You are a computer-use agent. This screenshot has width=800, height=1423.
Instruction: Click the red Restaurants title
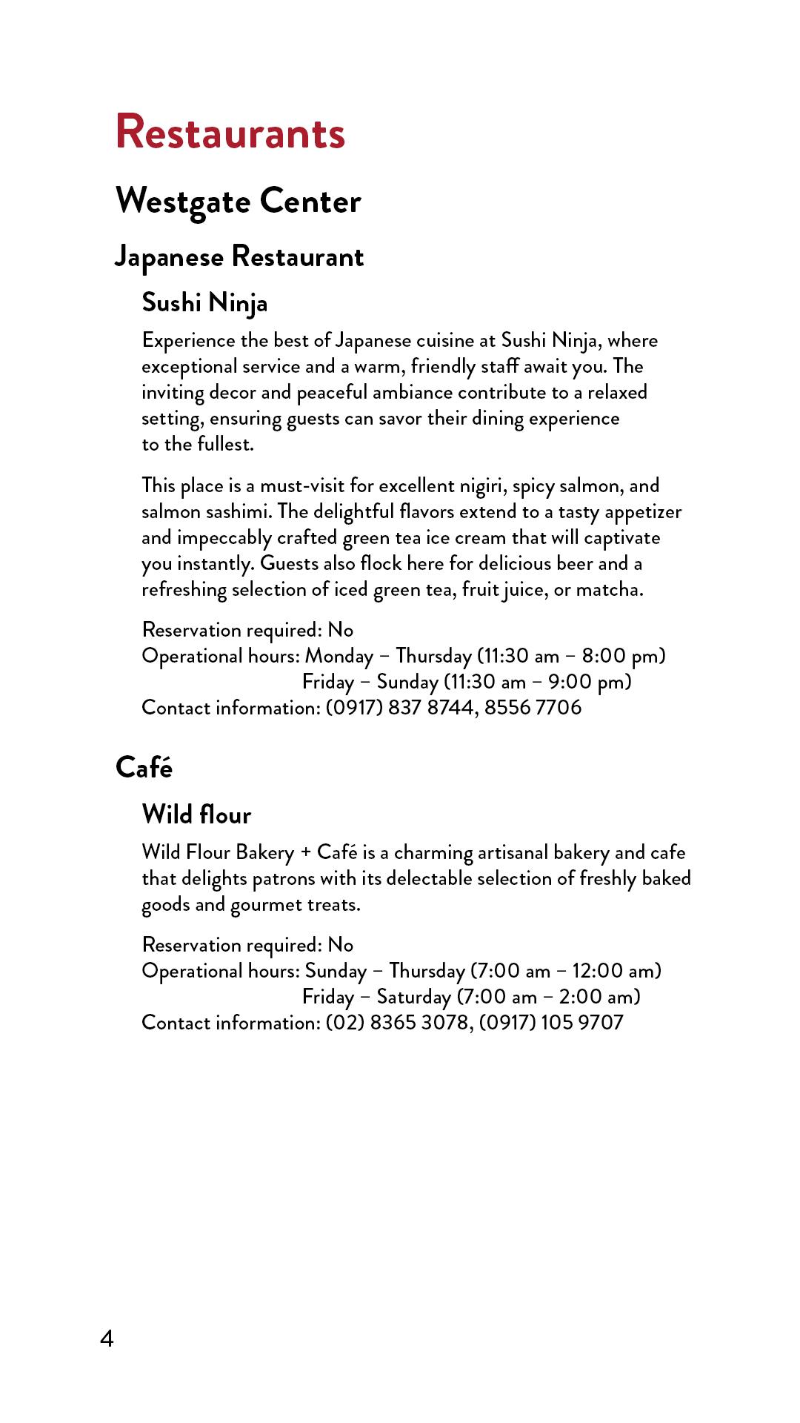click(x=230, y=133)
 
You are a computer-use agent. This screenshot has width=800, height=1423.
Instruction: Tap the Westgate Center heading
click(x=238, y=202)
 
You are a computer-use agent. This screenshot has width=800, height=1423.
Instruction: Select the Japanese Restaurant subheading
click(x=239, y=257)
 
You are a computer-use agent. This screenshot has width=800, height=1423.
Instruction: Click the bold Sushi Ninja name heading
click(x=204, y=303)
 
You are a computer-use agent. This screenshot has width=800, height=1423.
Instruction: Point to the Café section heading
click(x=144, y=768)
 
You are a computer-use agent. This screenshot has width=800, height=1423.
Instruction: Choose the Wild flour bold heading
click(x=196, y=815)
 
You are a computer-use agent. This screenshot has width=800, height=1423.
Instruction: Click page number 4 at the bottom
click(x=107, y=1339)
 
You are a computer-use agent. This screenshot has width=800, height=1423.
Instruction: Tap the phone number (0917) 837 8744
click(x=400, y=708)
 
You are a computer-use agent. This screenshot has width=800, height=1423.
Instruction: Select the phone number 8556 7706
click(x=533, y=708)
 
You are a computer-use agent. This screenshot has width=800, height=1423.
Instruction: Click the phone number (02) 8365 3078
click(x=397, y=1023)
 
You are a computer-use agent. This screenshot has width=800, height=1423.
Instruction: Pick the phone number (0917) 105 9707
click(x=551, y=1023)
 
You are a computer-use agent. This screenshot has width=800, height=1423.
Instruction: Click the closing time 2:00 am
click(x=597, y=997)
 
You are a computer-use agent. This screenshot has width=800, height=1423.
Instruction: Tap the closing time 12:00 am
click(x=613, y=971)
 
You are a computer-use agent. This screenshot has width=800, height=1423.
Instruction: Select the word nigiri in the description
click(x=482, y=486)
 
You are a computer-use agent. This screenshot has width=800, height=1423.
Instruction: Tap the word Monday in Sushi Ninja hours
click(x=339, y=656)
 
